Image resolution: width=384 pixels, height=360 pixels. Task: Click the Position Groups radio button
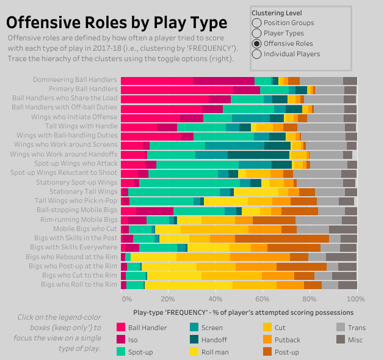(x=256, y=23)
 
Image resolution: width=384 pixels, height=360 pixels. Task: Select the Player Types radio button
(x=256, y=33)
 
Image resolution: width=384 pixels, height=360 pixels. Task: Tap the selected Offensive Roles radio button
(x=256, y=43)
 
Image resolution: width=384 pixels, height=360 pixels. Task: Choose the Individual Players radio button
(x=256, y=54)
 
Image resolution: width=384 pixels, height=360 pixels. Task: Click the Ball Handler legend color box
(x=121, y=328)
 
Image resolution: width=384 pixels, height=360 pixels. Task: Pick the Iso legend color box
(x=121, y=340)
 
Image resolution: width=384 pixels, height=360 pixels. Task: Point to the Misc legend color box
(x=341, y=340)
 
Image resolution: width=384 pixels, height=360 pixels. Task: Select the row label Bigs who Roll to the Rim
(x=79, y=285)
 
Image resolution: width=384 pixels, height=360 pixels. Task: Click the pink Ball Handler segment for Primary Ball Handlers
(x=164, y=90)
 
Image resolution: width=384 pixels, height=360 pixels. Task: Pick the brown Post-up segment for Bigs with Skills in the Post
(x=281, y=238)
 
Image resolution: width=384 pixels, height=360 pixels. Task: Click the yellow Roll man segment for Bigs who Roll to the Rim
(x=189, y=285)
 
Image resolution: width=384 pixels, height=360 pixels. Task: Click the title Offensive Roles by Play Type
(x=117, y=23)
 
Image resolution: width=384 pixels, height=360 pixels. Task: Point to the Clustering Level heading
(x=277, y=13)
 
